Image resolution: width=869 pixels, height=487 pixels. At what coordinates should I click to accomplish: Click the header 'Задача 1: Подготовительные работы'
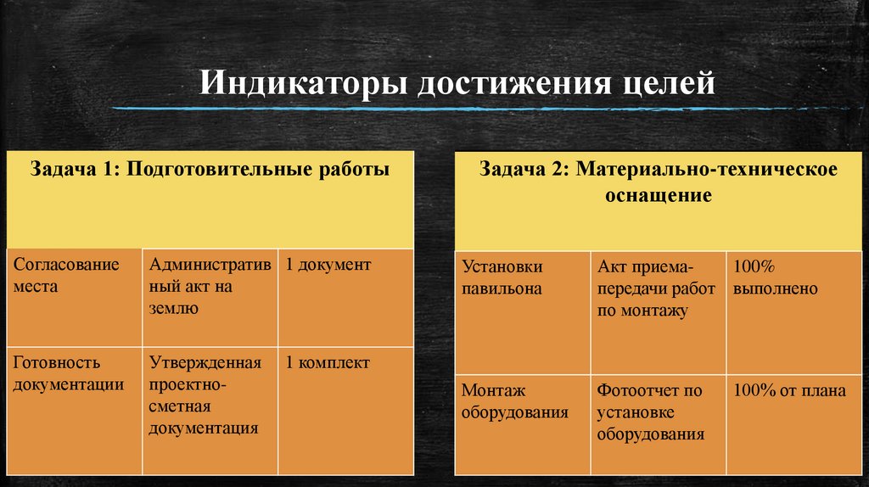(x=210, y=170)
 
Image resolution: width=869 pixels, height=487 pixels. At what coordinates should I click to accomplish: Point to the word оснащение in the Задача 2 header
(x=658, y=195)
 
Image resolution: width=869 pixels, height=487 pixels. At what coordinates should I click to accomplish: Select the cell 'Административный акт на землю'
(x=210, y=286)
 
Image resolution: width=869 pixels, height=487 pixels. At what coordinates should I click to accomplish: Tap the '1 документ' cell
(x=328, y=265)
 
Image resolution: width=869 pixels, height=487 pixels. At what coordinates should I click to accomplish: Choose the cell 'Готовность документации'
(x=69, y=373)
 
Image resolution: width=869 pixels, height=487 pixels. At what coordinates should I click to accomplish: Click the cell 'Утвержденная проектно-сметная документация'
(x=205, y=395)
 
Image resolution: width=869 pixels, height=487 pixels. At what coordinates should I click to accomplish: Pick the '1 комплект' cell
(x=328, y=363)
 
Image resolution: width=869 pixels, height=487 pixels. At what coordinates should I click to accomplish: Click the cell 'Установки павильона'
(x=502, y=277)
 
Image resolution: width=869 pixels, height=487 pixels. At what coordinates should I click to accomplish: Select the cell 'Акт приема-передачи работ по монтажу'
(x=643, y=288)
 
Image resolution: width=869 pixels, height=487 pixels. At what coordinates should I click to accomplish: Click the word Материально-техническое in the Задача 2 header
(x=707, y=169)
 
